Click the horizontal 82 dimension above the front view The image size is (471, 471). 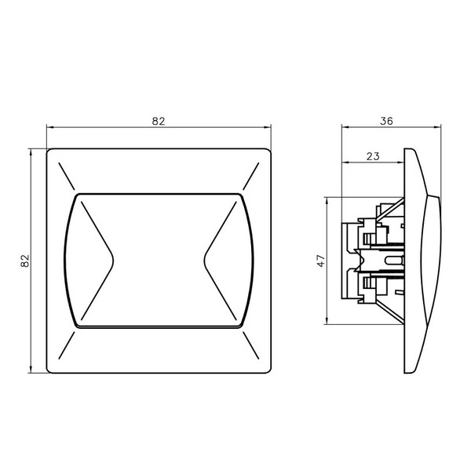[x=159, y=122]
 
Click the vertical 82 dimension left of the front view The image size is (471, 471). [x=25, y=261]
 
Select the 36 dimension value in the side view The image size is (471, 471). [x=386, y=121]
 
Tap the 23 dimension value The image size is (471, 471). [x=373, y=156]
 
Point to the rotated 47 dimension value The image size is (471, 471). [x=321, y=261]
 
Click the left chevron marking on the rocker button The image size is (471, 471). [x=97, y=261]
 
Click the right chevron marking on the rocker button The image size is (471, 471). [x=220, y=261]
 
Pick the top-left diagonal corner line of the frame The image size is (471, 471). [x=67, y=177]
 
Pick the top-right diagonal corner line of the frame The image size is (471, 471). [x=251, y=177]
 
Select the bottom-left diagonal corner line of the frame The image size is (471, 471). [x=67, y=345]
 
